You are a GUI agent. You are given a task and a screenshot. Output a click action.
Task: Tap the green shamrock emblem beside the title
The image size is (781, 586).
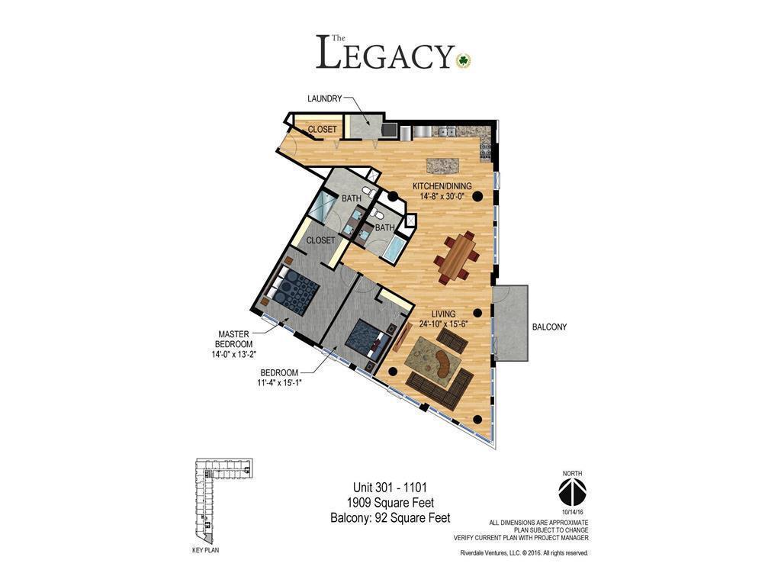coord(463,60)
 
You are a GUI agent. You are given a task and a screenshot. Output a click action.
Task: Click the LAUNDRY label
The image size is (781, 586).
coord(324,99)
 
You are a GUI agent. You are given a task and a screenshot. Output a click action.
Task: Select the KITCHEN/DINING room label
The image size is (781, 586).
coord(442,186)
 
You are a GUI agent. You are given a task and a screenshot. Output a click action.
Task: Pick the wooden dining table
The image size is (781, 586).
coord(456,256)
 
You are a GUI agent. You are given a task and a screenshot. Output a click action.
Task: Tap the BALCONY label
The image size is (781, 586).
coord(549,327)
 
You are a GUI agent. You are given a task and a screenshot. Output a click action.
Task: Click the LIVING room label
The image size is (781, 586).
coord(443,314)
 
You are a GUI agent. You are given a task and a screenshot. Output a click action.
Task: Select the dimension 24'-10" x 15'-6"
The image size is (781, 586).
coord(443,324)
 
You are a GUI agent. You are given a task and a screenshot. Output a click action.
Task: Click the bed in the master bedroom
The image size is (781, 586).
coord(294,290)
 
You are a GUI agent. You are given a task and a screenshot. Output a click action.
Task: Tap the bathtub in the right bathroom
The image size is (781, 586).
coord(394,248)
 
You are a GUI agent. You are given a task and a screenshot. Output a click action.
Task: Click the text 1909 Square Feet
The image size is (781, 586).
coord(390,503)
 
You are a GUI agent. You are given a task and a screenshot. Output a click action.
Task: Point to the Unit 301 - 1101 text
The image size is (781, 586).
coord(390,488)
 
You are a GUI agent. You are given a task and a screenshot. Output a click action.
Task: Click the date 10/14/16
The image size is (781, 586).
coord(572,511)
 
